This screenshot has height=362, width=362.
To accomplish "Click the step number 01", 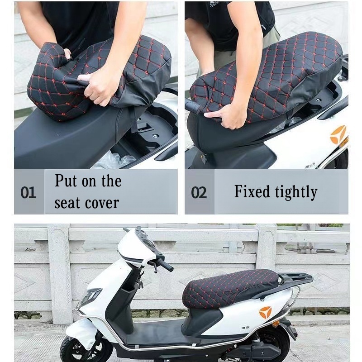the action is click(x=28, y=193).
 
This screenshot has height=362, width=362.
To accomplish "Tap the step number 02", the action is click(x=199, y=193).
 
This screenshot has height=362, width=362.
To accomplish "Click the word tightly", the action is click(x=296, y=192).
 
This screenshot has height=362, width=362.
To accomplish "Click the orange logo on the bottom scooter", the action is click(x=266, y=312).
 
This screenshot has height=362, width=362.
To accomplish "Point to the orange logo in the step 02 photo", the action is click(x=338, y=135).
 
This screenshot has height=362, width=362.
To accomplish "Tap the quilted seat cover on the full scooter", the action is click(x=231, y=286).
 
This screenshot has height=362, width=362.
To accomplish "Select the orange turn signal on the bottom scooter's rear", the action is click(x=276, y=324).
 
